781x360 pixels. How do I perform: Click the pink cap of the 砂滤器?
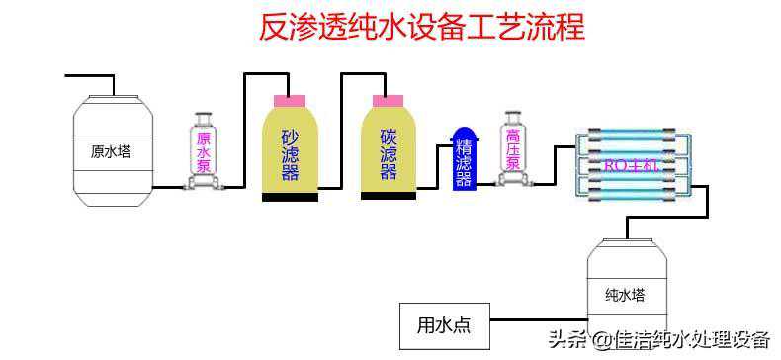click(290, 100)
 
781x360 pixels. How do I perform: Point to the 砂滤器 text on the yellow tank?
click(290, 153)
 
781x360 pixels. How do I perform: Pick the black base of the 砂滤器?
click(290, 197)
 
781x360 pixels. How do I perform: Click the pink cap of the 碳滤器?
click(388, 100)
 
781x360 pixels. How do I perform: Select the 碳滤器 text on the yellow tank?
click(388, 153)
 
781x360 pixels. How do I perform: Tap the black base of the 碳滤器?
click(388, 196)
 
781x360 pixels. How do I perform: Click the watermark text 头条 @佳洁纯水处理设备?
click(657, 339)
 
